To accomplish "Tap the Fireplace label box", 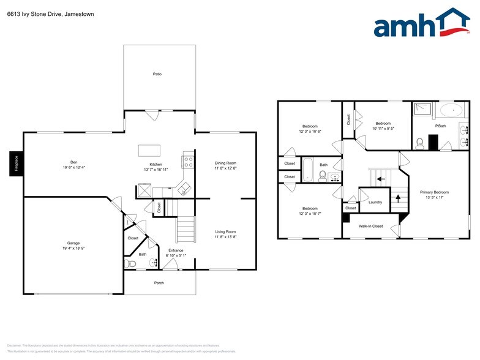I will (16, 164).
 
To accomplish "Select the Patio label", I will (157, 74).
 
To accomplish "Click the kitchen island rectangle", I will (149, 150).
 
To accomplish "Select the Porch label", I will (159, 283).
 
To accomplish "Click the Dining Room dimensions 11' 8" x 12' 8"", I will (225, 168).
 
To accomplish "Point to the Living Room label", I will (225, 231).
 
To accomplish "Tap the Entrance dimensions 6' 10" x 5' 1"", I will (176, 255).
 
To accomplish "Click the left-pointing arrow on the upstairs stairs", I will (380, 179).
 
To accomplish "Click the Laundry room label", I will (375, 202).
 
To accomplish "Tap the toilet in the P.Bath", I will (420, 143).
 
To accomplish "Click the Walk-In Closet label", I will (370, 226).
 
